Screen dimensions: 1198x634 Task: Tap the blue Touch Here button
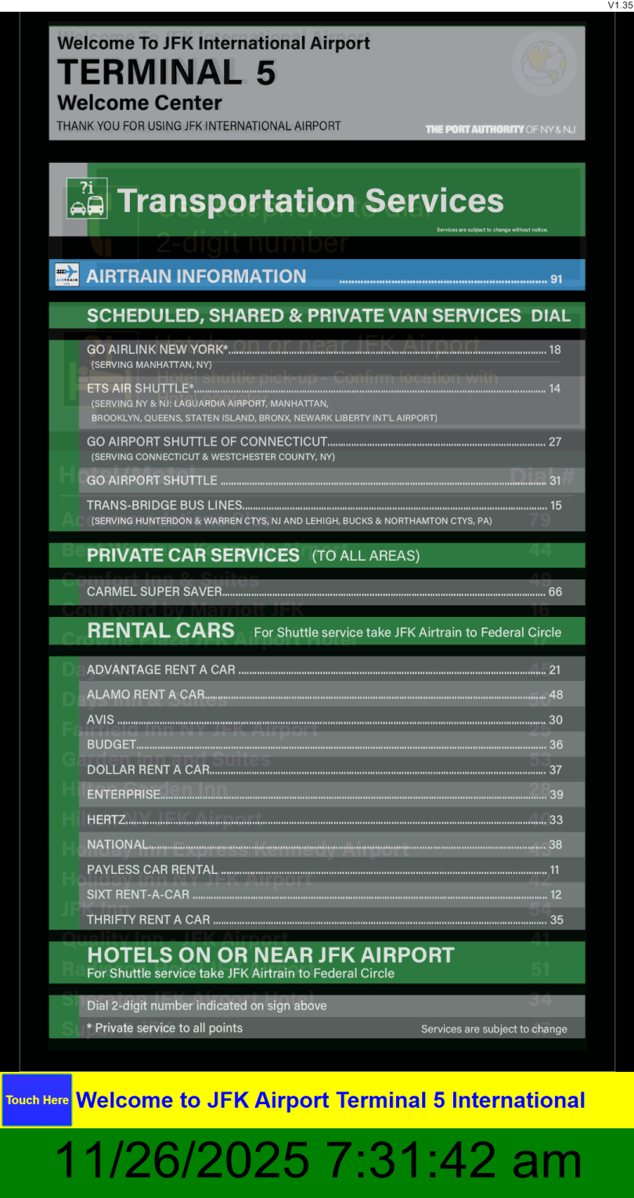37,1100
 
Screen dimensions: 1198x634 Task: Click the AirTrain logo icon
67,275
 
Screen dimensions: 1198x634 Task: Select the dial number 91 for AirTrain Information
557,280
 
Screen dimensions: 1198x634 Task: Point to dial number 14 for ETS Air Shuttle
555,388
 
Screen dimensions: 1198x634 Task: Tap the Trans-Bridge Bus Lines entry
164,505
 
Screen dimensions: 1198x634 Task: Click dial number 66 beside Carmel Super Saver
555,592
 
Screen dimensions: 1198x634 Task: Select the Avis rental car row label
100,720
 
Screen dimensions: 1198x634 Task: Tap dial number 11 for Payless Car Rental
555,870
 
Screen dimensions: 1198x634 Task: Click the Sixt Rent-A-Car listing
138,894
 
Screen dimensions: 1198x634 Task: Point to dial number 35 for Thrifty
557,920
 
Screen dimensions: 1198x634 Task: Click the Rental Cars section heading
160,630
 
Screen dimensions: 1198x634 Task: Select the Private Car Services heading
193,555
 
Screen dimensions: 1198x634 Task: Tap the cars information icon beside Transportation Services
86,198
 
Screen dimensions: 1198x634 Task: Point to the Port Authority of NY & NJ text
500,129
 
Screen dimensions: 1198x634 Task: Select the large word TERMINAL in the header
149,73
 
